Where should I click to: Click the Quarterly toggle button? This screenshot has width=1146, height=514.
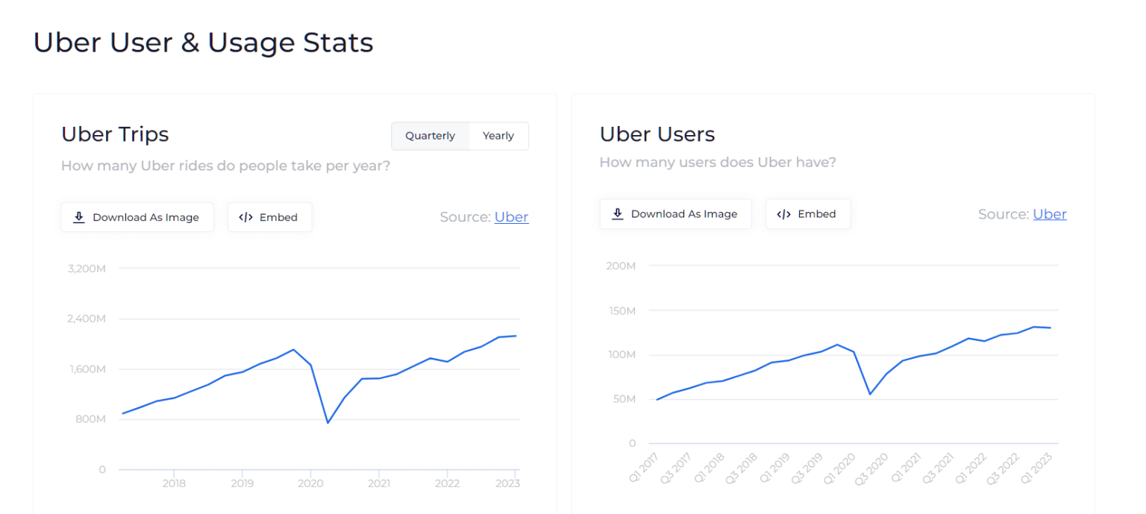(430, 136)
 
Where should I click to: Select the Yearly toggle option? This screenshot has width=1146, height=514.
(498, 136)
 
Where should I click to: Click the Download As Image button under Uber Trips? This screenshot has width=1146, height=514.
(137, 217)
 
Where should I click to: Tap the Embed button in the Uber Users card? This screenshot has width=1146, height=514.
(807, 214)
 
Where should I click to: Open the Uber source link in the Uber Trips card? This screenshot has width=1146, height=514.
(511, 217)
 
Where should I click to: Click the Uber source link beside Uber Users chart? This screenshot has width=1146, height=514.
(1049, 214)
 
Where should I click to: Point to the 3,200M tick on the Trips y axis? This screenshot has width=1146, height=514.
(87, 268)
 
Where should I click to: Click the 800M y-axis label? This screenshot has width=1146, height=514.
(92, 419)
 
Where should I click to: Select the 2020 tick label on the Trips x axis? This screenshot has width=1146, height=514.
(310, 483)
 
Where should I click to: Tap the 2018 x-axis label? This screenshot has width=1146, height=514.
(174, 483)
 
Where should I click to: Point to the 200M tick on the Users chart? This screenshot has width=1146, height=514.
(621, 266)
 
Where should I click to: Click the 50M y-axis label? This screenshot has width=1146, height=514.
(623, 399)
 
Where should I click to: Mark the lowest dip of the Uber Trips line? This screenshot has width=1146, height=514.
(328, 423)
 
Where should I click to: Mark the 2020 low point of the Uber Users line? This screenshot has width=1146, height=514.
(870, 394)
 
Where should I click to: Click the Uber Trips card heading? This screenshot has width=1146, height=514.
(115, 134)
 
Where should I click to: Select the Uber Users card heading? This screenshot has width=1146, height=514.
(657, 134)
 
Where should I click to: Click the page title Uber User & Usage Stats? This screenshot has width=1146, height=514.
(203, 43)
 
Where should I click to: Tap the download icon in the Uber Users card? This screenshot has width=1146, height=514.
(617, 214)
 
